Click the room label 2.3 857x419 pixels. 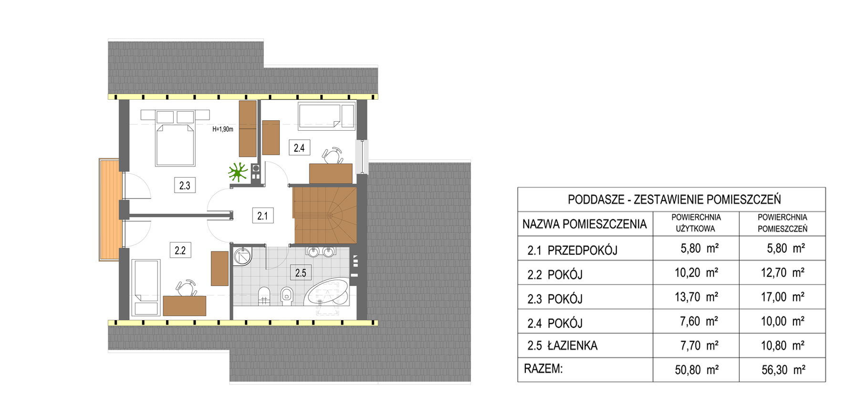[x=185, y=185]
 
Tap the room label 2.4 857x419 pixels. [x=299, y=147]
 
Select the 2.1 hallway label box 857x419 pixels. [x=262, y=216]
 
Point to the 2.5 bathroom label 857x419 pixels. [x=301, y=273]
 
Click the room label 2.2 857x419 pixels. [x=180, y=250]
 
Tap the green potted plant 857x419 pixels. [x=238, y=172]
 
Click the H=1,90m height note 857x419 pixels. [x=223, y=129]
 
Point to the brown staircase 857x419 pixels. [x=324, y=215]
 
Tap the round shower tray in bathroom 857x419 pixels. [x=242, y=256]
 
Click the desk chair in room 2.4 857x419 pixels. [x=333, y=156]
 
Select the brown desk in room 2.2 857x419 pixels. [x=184, y=305]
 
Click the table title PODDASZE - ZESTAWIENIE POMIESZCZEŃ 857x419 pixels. [x=674, y=199]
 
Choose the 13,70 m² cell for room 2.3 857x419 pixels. [x=696, y=297]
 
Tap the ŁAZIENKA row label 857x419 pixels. [x=572, y=345]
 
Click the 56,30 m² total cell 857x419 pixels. [x=783, y=370]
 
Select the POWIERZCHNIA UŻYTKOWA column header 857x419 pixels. [x=696, y=223]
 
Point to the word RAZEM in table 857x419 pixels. [x=543, y=369]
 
